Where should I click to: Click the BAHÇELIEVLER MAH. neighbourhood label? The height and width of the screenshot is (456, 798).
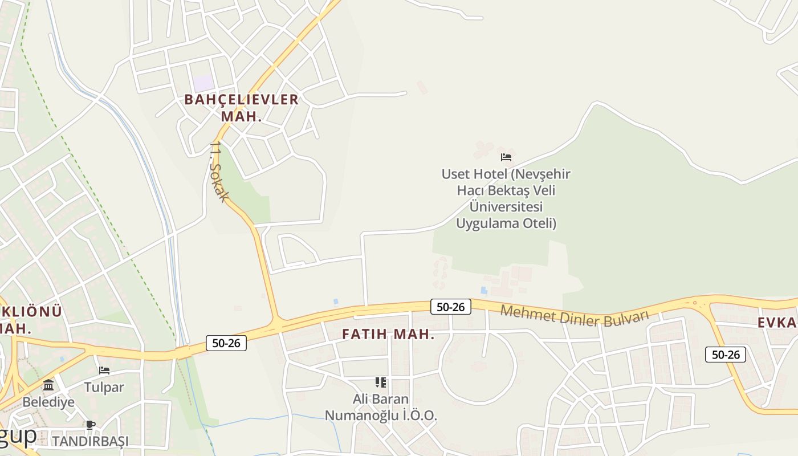coord(241,107)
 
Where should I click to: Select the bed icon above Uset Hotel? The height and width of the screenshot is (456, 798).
coord(506,157)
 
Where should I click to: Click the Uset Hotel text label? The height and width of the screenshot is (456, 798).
coord(506,198)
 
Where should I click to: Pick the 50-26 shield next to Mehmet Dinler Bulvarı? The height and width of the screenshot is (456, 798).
coord(450,307)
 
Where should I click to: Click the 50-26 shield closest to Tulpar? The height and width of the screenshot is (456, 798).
coord(226,343)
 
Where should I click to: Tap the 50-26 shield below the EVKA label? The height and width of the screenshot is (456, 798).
coord(725,354)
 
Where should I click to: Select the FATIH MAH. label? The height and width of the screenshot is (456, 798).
coord(388,335)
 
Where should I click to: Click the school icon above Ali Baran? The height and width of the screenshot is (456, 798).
coord(380,382)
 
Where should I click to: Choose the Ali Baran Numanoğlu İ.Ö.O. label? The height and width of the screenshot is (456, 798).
coord(381,407)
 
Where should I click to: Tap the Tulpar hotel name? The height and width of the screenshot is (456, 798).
coord(104,387)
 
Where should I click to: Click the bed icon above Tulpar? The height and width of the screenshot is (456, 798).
coord(104,370)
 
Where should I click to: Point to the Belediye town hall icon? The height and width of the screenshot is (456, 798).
coord(48,385)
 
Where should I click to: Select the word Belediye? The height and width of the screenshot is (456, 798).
coord(48,402)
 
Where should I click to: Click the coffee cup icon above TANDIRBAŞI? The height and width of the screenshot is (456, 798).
coord(90,424)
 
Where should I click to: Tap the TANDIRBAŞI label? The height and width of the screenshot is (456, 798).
coord(90,441)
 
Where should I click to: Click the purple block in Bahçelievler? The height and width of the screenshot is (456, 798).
coord(203,83)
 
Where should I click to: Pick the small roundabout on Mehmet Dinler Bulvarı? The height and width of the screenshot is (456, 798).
coord(694,302)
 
